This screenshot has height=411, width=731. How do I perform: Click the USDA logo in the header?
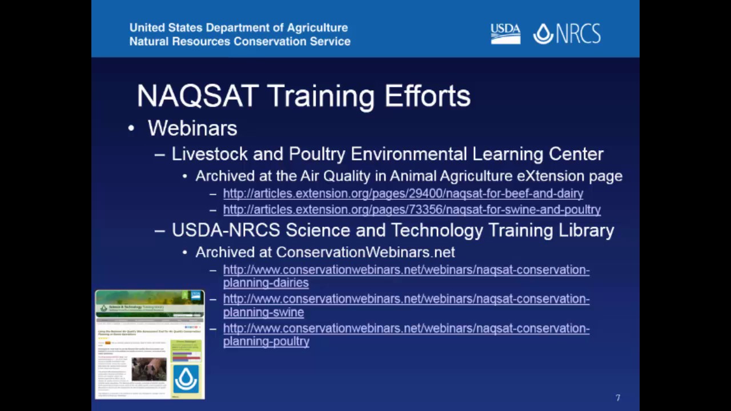click(x=505, y=34)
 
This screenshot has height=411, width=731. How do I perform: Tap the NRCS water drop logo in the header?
click(x=543, y=34)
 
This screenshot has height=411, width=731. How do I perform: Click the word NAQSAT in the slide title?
click(x=198, y=96)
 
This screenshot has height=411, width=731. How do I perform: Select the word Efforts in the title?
click(x=427, y=96)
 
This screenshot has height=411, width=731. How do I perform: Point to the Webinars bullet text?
click(x=192, y=128)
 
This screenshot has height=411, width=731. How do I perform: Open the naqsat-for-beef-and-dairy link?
click(x=403, y=194)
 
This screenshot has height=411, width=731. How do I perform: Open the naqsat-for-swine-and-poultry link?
click(x=411, y=209)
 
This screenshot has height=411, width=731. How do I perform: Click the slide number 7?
click(x=617, y=398)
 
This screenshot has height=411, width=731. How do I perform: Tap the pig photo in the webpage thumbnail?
click(x=148, y=369)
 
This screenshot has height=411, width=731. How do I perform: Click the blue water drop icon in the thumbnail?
click(x=186, y=378)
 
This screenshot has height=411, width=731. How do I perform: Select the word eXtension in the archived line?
click(x=551, y=176)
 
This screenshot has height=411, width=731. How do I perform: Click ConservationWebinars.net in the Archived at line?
click(x=365, y=252)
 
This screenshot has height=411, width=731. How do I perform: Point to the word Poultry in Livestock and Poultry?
click(x=317, y=154)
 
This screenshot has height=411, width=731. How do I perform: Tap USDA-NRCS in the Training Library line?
click(x=226, y=230)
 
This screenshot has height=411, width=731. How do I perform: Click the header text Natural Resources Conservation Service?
click(x=239, y=42)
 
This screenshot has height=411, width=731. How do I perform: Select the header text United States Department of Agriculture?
click(x=238, y=27)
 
